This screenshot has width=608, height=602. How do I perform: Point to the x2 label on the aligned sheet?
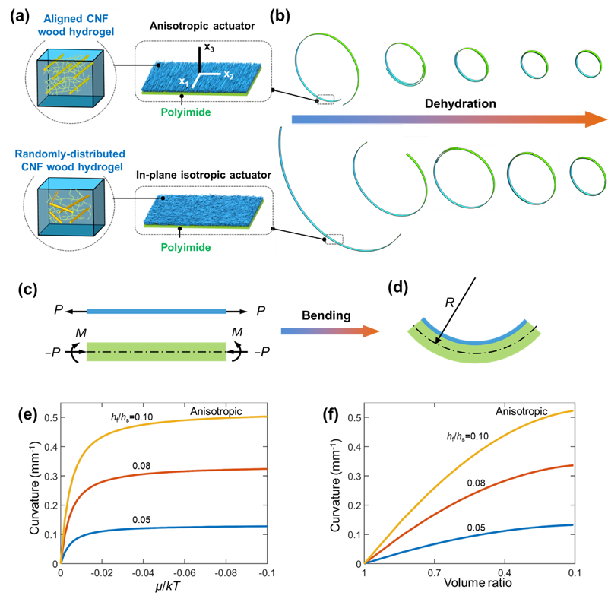(x=226, y=74)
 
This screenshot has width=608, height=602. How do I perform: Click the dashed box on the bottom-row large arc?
(x=334, y=239)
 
